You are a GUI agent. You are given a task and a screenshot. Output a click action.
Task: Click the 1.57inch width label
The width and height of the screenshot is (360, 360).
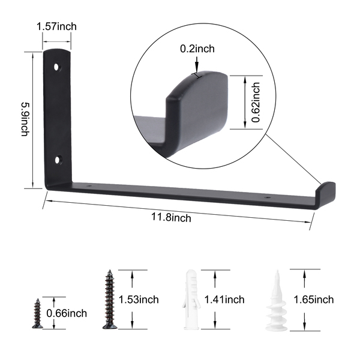[x=56, y=26]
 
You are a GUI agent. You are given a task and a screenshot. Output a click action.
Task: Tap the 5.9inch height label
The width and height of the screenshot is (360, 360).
[x=25, y=119]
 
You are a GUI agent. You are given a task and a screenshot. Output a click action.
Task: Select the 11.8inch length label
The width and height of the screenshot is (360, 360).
[x=171, y=217]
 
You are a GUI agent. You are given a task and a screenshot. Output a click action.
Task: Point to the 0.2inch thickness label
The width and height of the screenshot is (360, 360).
[x=197, y=49]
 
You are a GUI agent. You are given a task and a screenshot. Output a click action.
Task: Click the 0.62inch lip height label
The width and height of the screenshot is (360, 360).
[x=256, y=103]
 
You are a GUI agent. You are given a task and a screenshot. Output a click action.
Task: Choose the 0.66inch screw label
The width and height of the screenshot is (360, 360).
[x=67, y=313]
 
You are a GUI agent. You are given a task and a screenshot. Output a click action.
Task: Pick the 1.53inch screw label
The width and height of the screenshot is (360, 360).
[x=139, y=299]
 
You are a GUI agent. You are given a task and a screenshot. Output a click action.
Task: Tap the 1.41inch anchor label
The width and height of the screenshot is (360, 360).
[x=224, y=299]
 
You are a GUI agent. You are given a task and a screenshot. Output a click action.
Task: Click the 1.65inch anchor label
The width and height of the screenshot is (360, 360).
[x=314, y=299]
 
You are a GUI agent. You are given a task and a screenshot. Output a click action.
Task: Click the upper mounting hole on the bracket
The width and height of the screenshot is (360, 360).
[x=56, y=67]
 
